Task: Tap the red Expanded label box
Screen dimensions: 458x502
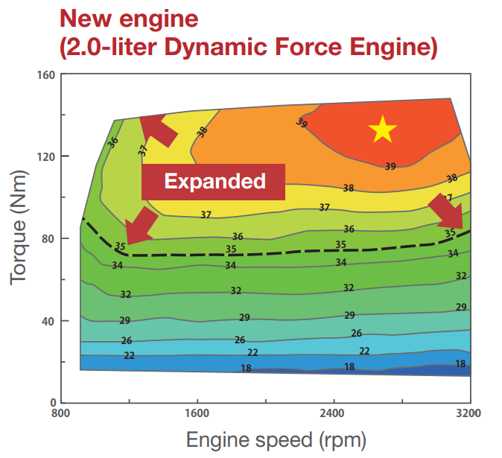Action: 214,181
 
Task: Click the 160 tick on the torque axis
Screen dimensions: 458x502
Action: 45,74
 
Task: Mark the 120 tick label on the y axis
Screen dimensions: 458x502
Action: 45,156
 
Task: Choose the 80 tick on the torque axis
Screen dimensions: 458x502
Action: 48,238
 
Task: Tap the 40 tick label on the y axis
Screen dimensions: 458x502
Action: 48,321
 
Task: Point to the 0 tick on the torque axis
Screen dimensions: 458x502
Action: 51,403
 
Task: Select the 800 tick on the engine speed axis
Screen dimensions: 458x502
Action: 60,412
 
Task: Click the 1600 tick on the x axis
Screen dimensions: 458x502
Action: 197,412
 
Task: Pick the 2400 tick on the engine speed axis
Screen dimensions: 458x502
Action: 333,412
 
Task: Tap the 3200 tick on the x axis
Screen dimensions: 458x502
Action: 468,412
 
